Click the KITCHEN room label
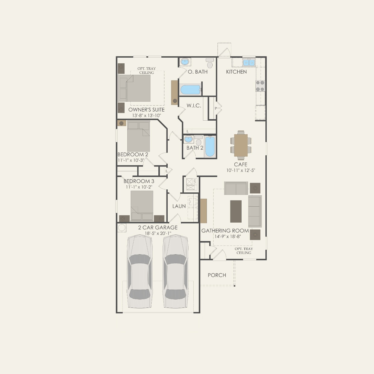point(236,72)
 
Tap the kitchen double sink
point(249,62)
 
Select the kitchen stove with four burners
point(260,86)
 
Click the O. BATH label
point(198,72)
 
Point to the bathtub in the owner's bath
point(190,90)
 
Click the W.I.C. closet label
point(194,106)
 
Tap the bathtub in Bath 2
point(210,147)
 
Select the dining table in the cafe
point(241,145)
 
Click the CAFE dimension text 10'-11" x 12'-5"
point(241,170)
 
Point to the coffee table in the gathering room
point(236,211)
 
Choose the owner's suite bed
point(138,88)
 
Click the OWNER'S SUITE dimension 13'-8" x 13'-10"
point(146,116)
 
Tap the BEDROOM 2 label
point(133,154)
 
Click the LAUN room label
point(179,206)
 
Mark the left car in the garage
point(140,271)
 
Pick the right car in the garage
point(175,271)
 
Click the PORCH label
point(217,275)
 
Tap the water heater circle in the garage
point(122,228)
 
